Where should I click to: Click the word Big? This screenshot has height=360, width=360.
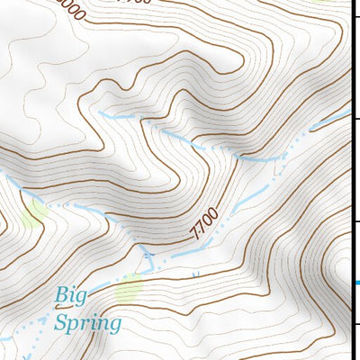73,294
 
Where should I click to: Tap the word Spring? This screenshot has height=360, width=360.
86,322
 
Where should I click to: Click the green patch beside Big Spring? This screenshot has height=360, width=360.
130,288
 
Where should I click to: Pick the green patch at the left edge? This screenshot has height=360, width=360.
35,213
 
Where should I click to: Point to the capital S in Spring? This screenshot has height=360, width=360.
61,321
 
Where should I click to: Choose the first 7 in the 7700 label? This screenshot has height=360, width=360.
193,234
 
